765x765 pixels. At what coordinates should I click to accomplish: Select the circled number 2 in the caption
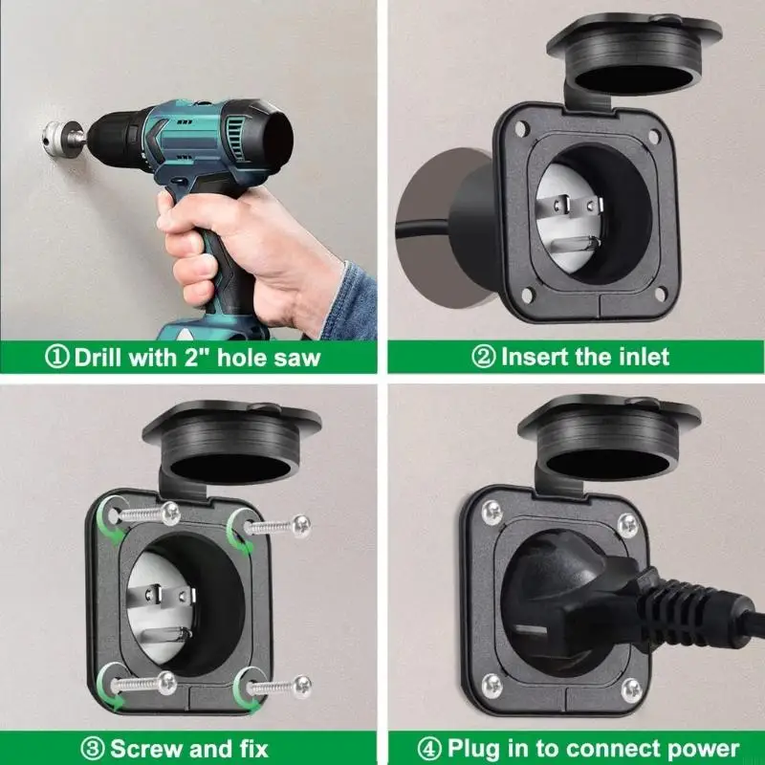pos(484,358)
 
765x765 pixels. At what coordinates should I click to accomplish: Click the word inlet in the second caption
pos(641,358)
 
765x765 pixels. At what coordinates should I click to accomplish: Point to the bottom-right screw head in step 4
pos(630,688)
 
